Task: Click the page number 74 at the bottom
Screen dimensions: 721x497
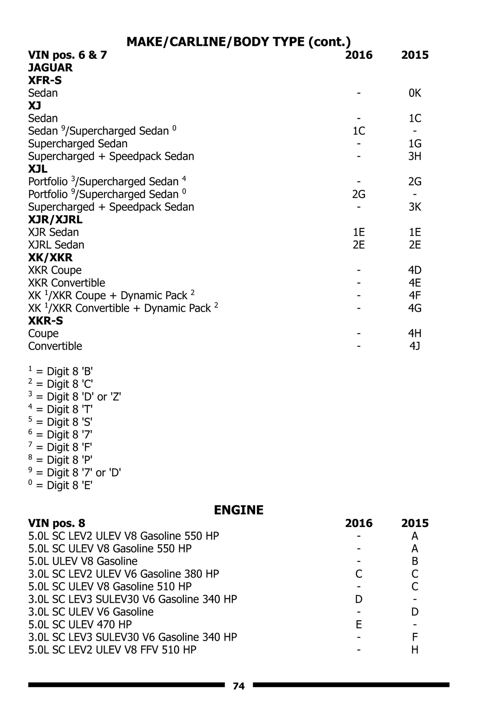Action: pos(239,686)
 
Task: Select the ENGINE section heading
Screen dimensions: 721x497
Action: pos(239,510)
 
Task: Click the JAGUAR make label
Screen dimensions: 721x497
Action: pos(50,68)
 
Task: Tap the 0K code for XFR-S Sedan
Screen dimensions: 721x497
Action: pos(415,93)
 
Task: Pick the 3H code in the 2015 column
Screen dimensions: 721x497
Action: pos(415,156)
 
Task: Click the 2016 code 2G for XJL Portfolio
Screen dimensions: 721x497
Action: pos(359,194)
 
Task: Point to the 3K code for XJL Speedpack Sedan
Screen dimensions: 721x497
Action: pos(415,207)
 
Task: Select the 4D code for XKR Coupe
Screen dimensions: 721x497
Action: pos(415,270)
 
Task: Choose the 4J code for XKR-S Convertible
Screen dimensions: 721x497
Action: pos(415,346)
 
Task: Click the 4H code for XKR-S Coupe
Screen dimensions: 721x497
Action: pos(415,334)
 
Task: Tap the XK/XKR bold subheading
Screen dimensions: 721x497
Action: pos(50,257)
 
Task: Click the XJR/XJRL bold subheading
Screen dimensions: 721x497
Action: pos(55,220)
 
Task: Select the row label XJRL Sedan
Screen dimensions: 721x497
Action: pos(56,245)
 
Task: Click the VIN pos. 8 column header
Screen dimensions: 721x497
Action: pos(56,523)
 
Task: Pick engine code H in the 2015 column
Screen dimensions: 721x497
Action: pos(415,650)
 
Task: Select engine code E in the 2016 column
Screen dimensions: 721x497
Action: pos(359,624)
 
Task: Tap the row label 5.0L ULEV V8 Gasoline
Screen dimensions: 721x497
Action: pos(83,561)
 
